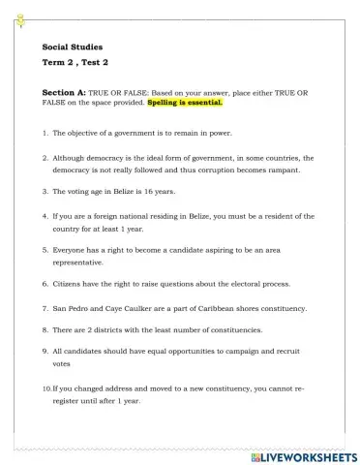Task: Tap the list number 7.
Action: [45, 308]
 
